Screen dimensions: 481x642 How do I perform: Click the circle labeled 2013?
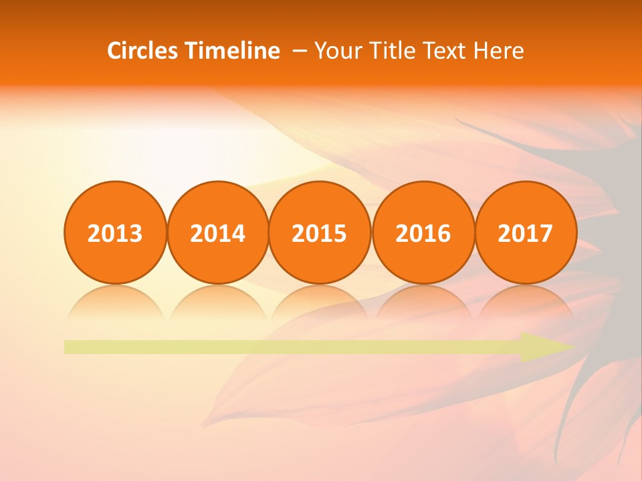(x=115, y=232)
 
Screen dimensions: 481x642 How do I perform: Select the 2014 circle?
(x=218, y=232)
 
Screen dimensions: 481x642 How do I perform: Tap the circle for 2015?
(x=320, y=232)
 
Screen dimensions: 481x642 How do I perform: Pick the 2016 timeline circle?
(x=423, y=232)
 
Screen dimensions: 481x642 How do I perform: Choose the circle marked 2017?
(x=526, y=232)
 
